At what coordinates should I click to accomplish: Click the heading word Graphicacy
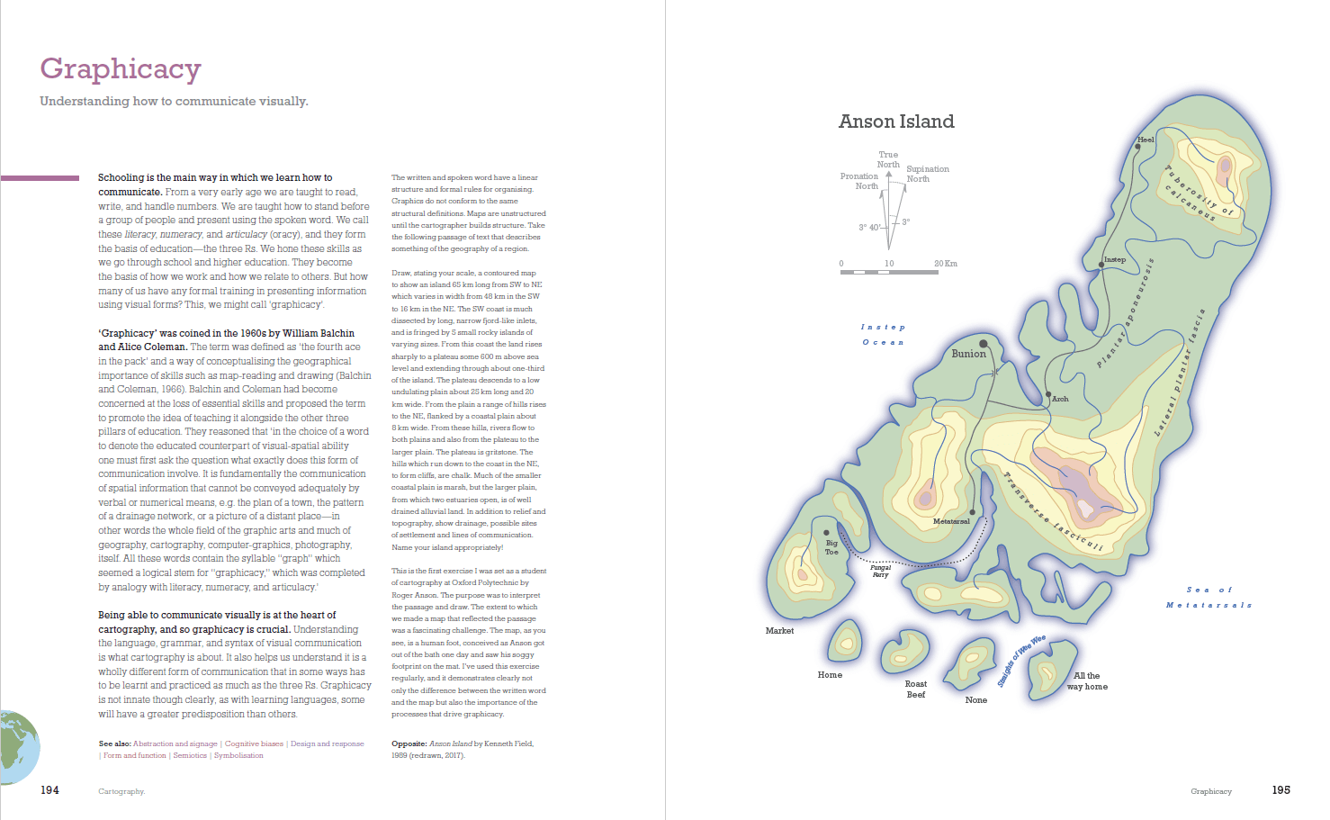(x=121, y=68)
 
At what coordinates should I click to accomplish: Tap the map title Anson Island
(x=896, y=122)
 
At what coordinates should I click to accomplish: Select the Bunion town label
(x=968, y=354)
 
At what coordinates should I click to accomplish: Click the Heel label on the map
(x=1146, y=140)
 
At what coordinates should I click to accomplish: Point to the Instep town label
(x=1115, y=259)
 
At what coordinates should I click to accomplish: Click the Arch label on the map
(x=1060, y=399)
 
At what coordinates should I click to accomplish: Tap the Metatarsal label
(x=951, y=521)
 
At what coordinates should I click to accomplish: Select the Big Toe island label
(x=831, y=547)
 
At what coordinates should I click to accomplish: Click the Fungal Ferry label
(x=880, y=571)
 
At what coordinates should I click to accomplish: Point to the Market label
(x=779, y=631)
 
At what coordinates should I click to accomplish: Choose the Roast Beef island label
(x=916, y=689)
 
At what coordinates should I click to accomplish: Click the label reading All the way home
(x=1087, y=680)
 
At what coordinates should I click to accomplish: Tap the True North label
(x=888, y=159)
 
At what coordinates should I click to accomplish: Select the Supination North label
(x=927, y=174)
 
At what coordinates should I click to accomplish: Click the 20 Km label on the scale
(x=945, y=264)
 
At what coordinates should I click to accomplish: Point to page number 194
(x=49, y=790)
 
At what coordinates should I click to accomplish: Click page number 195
(x=1281, y=790)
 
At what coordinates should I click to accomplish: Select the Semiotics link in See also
(x=190, y=755)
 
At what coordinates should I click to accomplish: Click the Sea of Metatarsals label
(x=1209, y=598)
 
